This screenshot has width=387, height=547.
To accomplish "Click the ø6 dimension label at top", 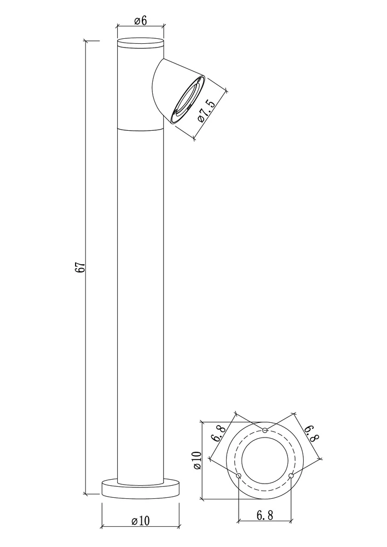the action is click(x=140, y=21).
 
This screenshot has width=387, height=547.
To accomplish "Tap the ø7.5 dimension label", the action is click(x=206, y=110).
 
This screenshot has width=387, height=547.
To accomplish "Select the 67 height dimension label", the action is click(x=80, y=267).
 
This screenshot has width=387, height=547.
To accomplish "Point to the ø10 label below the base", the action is click(x=140, y=521).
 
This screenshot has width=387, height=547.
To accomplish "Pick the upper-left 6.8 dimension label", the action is click(x=219, y=433).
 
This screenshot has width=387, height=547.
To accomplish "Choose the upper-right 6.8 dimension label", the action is click(x=311, y=433).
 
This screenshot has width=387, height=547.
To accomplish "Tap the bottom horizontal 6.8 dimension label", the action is click(x=265, y=515).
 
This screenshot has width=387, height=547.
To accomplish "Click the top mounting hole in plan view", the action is click(x=265, y=430).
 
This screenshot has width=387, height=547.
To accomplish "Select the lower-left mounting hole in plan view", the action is click(x=239, y=476).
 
